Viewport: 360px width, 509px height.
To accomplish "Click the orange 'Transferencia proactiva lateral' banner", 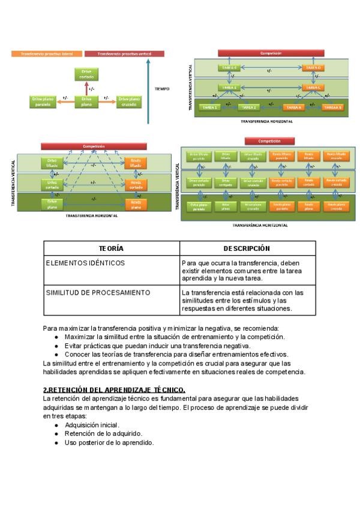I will point(47,53).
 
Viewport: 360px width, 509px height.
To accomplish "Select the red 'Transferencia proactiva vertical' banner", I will point(118,53).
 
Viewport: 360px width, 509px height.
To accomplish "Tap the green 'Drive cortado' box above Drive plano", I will point(86,74).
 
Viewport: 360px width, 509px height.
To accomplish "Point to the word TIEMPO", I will point(162,89).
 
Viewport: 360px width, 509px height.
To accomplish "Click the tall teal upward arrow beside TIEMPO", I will point(148,90).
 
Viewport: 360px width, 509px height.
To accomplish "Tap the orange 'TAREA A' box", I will point(293,107).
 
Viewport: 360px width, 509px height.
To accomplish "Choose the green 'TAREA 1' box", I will point(212,107).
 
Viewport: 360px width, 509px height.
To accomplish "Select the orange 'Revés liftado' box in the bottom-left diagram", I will point(136,162).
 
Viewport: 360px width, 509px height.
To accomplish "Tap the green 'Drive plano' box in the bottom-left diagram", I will point(52,203).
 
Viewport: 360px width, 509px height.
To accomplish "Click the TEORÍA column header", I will point(111,248).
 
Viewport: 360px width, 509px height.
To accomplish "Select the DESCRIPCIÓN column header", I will point(247,248).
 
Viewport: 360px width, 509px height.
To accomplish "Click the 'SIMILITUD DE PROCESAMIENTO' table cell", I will point(98,292).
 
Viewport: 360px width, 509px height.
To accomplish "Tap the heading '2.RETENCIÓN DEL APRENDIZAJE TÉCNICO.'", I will point(114,390).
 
